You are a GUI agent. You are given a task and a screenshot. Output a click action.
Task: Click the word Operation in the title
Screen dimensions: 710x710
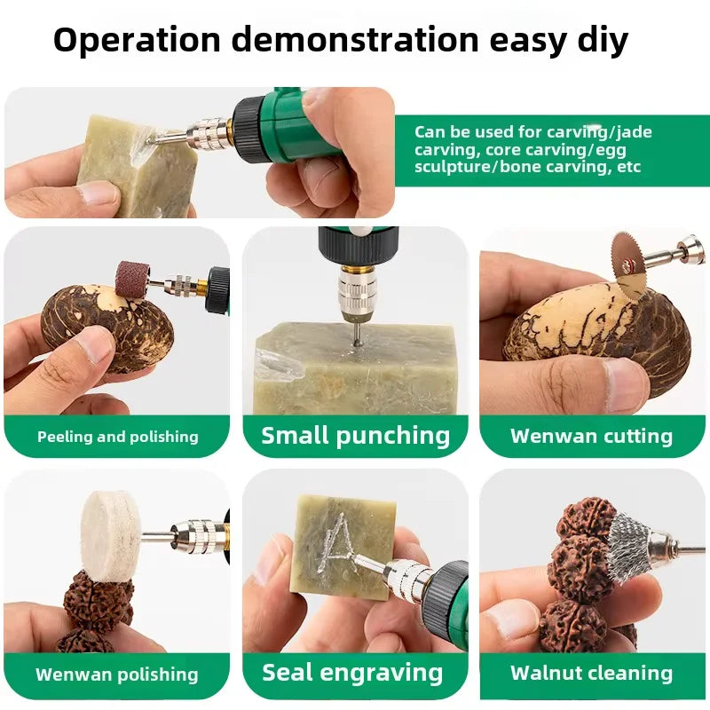(137, 41)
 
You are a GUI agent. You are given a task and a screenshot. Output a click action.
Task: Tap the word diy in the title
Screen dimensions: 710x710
(603, 41)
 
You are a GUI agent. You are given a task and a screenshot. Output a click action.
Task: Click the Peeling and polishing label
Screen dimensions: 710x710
(118, 437)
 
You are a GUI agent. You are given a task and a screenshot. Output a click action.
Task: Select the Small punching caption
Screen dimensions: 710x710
(356, 436)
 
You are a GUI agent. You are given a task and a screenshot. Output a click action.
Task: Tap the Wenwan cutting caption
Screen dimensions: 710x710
(591, 436)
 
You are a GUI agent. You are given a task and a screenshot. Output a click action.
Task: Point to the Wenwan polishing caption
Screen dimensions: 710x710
(117, 674)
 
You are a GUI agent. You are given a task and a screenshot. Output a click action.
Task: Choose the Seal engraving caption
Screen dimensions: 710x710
(352, 673)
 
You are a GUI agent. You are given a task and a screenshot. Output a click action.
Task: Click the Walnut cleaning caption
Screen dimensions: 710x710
(591, 673)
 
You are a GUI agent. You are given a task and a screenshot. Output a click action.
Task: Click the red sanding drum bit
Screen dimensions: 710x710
(132, 279)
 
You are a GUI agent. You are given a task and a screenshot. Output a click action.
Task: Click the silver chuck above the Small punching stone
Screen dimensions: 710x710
(358, 291)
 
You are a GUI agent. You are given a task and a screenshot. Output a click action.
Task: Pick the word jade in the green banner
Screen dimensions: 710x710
(634, 132)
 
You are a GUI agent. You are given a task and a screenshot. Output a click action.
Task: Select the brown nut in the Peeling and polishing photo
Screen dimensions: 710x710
(107, 327)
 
